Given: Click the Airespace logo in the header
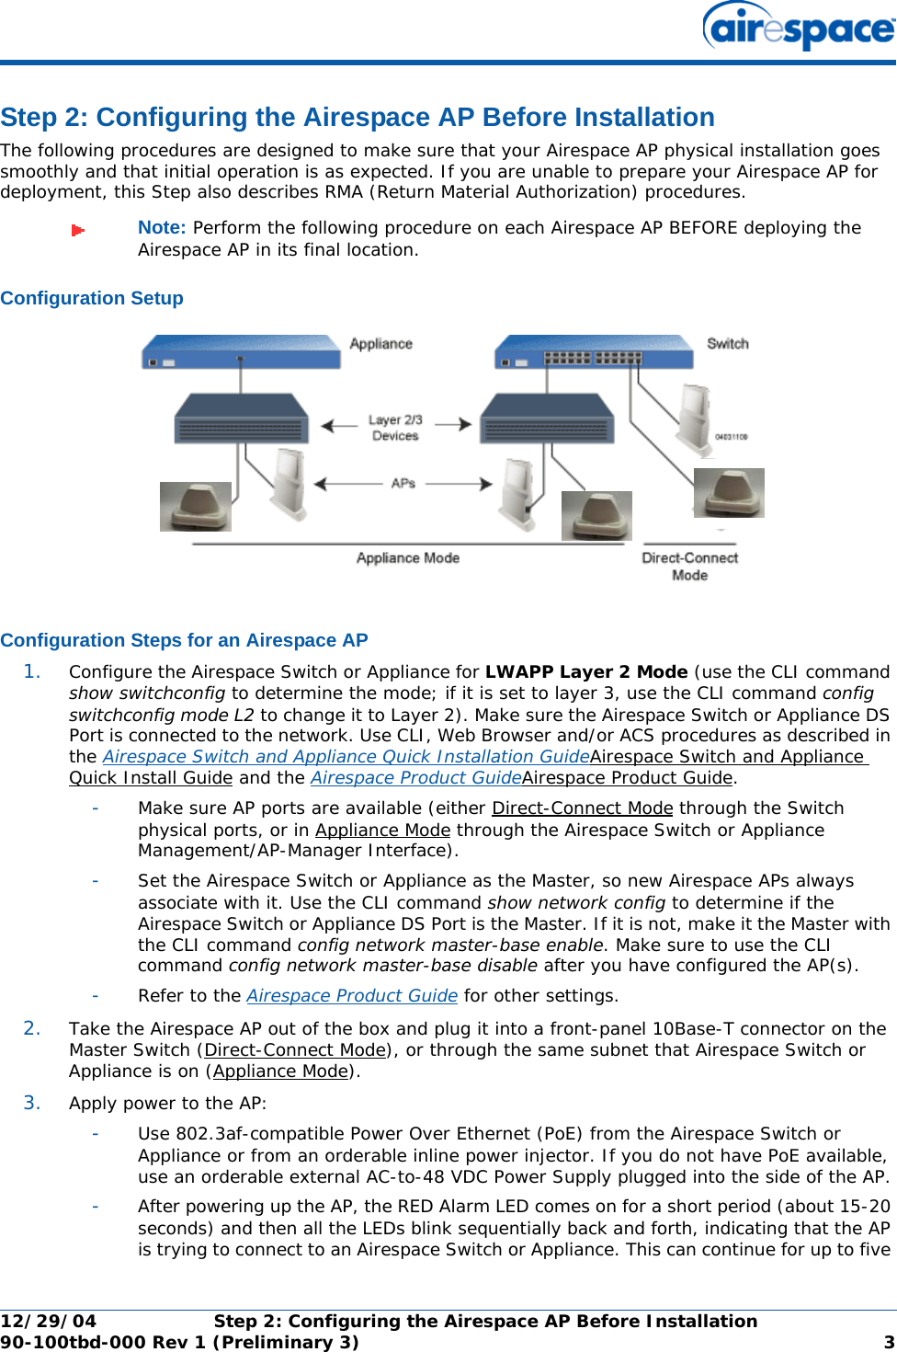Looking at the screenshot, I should (x=798, y=28).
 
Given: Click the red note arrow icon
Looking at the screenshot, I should (x=78, y=230).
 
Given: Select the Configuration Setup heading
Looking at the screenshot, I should (x=92, y=298).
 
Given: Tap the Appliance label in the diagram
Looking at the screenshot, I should (x=380, y=344).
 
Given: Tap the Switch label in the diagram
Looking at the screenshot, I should (x=727, y=344).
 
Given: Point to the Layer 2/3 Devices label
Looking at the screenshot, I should (x=395, y=428).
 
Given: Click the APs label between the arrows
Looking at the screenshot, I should (x=403, y=483).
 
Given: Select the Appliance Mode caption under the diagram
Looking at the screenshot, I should (x=408, y=558).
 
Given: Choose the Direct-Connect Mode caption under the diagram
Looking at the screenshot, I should (x=689, y=567).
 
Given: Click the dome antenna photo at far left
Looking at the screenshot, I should (x=196, y=507).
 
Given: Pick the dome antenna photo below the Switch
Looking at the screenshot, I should (x=729, y=493).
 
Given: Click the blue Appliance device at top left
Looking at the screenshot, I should (x=241, y=352).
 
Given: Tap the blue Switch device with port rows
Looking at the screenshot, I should (x=593, y=352).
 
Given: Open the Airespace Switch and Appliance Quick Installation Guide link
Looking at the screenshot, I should (x=346, y=757).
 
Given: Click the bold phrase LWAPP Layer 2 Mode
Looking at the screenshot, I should (x=586, y=672).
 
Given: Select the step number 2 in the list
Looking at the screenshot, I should (x=32, y=1028).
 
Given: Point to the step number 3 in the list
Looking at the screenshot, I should (x=32, y=1103).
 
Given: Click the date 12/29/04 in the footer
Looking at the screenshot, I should (x=48, y=1322).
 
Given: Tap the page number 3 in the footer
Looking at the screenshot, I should (x=889, y=1342).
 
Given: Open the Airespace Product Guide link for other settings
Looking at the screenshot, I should (x=352, y=996).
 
